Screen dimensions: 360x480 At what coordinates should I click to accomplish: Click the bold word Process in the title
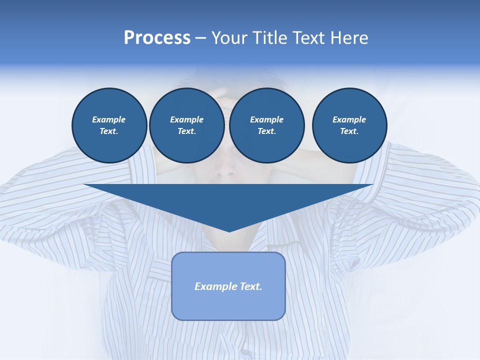tap(157, 38)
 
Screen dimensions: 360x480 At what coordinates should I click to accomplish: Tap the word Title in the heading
tap(269, 38)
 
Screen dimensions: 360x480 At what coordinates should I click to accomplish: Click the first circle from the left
tap(109, 125)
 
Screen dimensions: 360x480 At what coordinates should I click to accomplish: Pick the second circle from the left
tap(186, 125)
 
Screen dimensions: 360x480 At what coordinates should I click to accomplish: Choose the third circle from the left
tap(266, 125)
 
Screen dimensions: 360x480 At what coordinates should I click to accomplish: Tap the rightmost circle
tap(349, 125)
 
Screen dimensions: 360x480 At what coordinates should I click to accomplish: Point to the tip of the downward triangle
tap(229, 231)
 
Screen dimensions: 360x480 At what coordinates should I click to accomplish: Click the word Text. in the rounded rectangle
tap(250, 286)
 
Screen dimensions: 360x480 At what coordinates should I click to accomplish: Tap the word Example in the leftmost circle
tap(109, 119)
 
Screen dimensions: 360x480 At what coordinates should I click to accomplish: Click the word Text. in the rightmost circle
tap(349, 131)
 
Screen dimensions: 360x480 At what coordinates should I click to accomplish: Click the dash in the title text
tap(200, 38)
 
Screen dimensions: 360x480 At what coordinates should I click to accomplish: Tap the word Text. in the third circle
tap(266, 131)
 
